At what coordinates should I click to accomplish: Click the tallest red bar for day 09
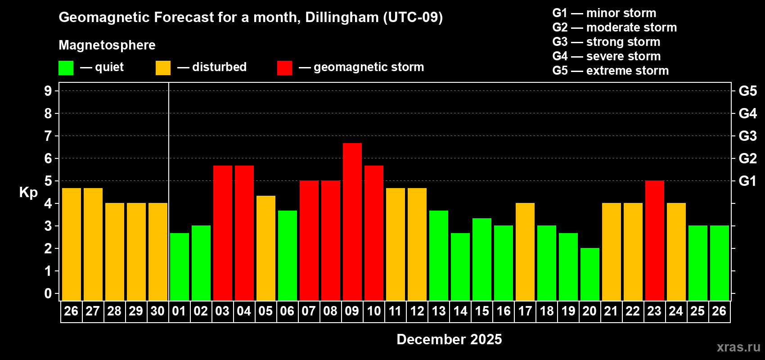pyautogui.click(x=352, y=221)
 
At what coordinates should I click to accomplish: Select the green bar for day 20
pyautogui.click(x=589, y=274)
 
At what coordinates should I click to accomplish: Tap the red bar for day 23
pyautogui.click(x=654, y=240)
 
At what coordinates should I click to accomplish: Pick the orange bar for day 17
pyautogui.click(x=525, y=252)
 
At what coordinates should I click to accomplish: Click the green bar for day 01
pyautogui.click(x=179, y=266)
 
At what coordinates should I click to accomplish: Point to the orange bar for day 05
pyautogui.click(x=265, y=248)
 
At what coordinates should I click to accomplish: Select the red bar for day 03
pyautogui.click(x=222, y=233)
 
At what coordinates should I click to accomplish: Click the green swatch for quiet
pyautogui.click(x=66, y=68)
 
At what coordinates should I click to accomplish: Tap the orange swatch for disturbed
pyautogui.click(x=163, y=68)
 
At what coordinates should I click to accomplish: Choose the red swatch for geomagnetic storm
pyautogui.click(x=284, y=68)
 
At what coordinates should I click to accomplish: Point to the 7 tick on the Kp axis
pyautogui.click(x=48, y=136)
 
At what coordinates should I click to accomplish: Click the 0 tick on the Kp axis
pyautogui.click(x=48, y=294)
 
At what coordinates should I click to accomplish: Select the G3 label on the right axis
pyautogui.click(x=747, y=136)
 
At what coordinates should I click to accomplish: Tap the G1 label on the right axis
pyautogui.click(x=747, y=181)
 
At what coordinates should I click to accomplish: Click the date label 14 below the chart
pyautogui.click(x=460, y=311)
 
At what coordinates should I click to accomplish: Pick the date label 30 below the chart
pyautogui.click(x=157, y=311)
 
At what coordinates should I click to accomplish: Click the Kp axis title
pyautogui.click(x=28, y=193)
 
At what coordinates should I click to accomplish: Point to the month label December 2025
pyautogui.click(x=449, y=339)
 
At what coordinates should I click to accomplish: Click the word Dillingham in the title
pyautogui.click(x=342, y=18)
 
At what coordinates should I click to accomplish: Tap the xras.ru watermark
pyautogui.click(x=738, y=347)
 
